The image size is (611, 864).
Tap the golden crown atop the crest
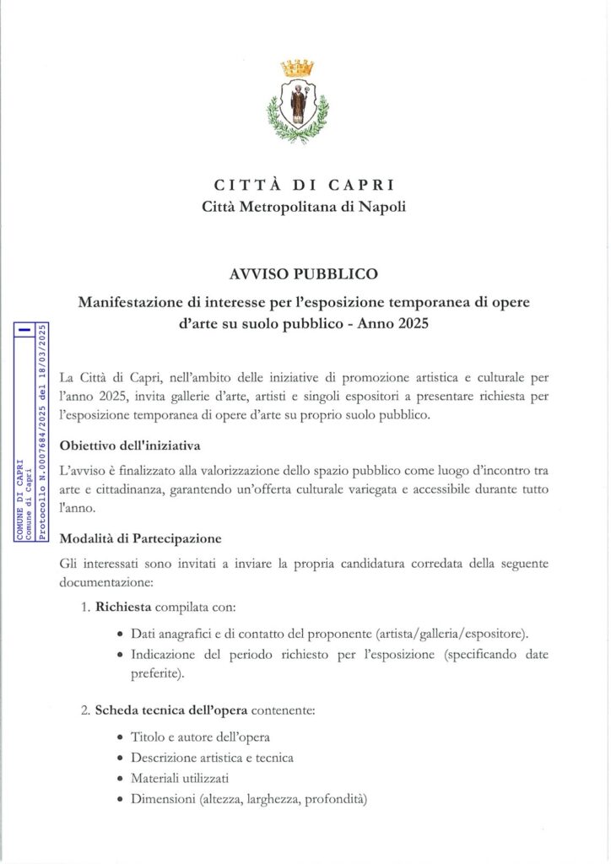[297, 67]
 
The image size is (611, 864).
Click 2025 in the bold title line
[414, 323]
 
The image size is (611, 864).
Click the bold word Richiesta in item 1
[123, 606]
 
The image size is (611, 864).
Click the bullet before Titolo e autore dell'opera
[122, 737]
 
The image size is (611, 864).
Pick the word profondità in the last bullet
[334, 799]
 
